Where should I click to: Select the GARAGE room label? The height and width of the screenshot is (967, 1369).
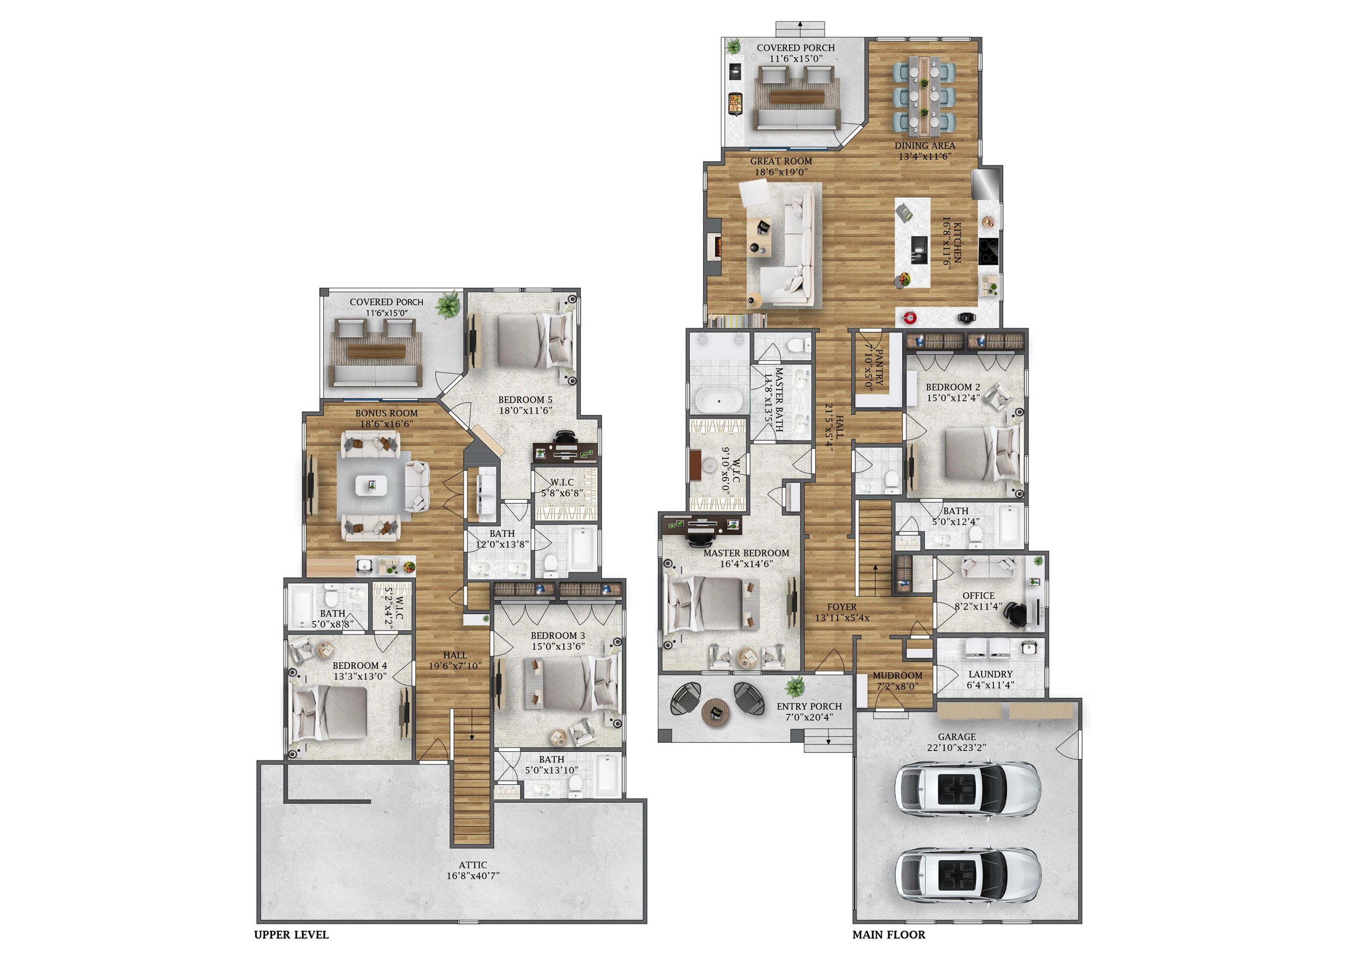(x=956, y=737)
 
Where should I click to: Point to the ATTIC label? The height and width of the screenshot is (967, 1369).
(x=472, y=865)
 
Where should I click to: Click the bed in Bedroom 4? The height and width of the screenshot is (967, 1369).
(x=331, y=713)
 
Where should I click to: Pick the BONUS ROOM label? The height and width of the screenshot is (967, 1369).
(x=386, y=413)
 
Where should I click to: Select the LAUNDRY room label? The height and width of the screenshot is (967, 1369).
(x=990, y=674)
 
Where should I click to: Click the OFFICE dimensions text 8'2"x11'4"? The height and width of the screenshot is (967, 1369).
(x=978, y=606)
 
